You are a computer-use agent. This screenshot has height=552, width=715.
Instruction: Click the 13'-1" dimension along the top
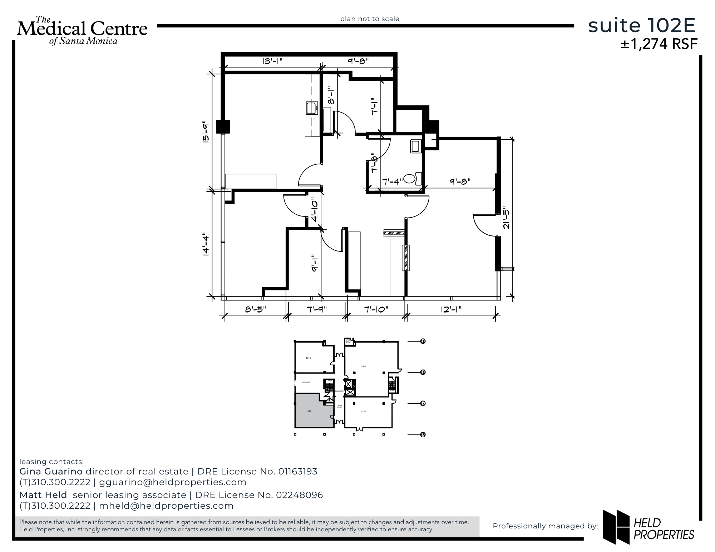(272, 61)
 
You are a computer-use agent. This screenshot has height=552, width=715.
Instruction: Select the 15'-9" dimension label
(206, 133)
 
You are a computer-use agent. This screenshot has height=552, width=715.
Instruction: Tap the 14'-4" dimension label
(206, 245)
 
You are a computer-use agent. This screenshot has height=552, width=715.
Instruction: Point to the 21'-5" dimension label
(506, 218)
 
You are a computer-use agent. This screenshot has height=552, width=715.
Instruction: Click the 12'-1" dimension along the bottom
(451, 309)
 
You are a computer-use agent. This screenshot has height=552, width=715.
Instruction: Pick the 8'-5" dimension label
(255, 309)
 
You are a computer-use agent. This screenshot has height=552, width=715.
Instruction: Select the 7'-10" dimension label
(376, 309)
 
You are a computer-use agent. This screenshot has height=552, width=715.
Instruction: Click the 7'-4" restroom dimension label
(392, 181)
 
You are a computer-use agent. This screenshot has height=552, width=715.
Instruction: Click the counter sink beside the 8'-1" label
(312, 108)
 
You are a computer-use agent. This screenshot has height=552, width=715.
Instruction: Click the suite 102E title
(642, 26)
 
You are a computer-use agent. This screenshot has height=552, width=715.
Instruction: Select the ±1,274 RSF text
(659, 44)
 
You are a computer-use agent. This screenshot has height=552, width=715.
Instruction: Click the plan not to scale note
(369, 19)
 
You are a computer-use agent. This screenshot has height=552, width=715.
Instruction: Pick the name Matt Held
(43, 495)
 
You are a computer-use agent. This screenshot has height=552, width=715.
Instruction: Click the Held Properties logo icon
(616, 526)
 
